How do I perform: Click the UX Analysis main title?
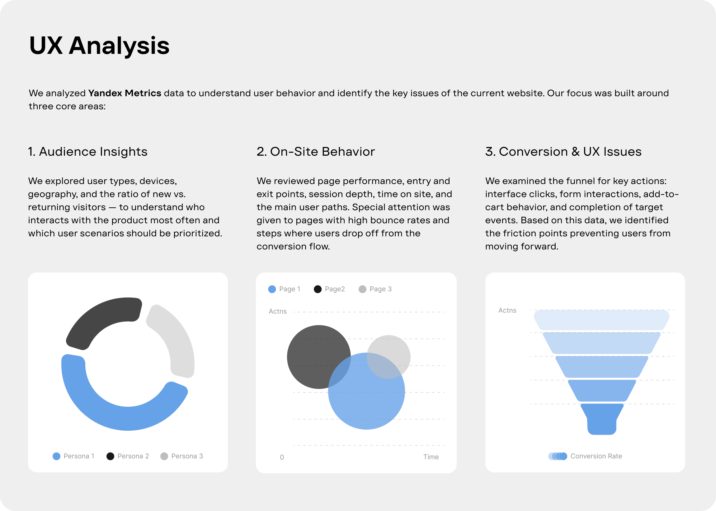tap(99, 46)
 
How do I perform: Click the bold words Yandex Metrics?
tap(125, 93)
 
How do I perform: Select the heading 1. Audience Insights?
tap(88, 152)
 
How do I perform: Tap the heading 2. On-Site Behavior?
tap(316, 152)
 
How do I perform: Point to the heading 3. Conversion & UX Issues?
tap(563, 152)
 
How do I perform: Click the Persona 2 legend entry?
tap(128, 456)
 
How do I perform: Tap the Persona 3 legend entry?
tap(181, 456)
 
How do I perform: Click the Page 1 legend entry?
tap(284, 289)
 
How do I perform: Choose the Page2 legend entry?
tap(329, 289)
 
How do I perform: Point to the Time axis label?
tap(431, 457)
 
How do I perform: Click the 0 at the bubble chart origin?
tap(282, 457)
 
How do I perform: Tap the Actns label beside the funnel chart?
tap(507, 310)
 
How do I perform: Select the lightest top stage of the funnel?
tap(601, 320)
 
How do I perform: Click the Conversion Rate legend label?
tap(596, 456)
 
